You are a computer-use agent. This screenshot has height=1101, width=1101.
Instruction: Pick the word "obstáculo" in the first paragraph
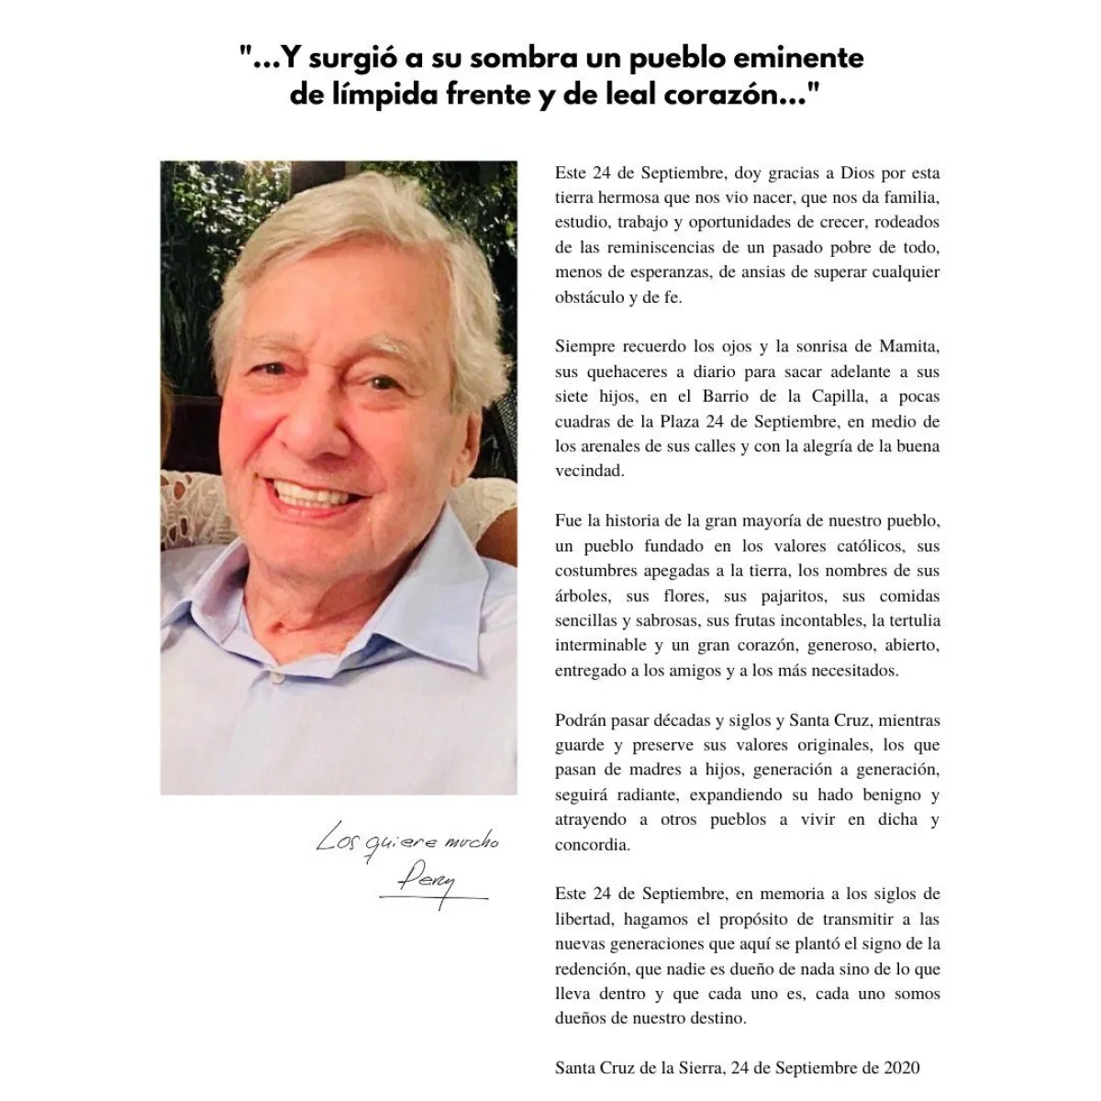tap(587, 297)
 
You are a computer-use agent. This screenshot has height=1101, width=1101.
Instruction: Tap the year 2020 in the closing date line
tap(901, 1068)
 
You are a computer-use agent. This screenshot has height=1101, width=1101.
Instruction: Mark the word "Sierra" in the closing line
tap(701, 1068)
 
